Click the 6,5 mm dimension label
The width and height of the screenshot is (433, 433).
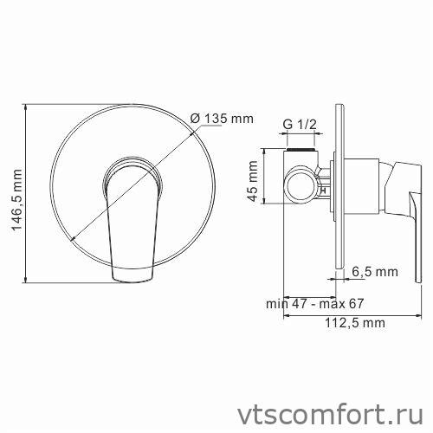click(x=374, y=272)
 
